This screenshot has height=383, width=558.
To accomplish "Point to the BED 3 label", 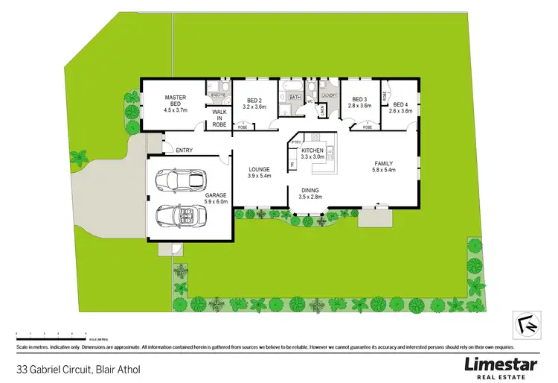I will tap(360, 101).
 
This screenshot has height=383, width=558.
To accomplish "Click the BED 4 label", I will tap(402, 104).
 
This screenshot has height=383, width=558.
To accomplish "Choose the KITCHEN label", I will tap(312, 151).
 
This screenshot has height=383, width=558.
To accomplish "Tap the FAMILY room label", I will tap(383, 163).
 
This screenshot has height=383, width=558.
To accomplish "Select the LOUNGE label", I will tap(259, 170).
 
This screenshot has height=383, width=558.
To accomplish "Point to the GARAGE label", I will tap(217, 195).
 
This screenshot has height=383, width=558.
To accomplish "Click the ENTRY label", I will tap(185, 151).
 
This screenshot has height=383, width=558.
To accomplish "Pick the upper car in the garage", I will tap(180, 180).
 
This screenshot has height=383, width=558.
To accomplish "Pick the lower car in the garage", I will tap(180, 215).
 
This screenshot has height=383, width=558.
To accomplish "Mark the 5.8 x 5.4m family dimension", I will tap(383, 171).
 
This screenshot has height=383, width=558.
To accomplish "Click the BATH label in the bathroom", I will tap(295, 98).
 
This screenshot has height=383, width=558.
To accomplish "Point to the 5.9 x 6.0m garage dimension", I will tap(217, 202).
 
